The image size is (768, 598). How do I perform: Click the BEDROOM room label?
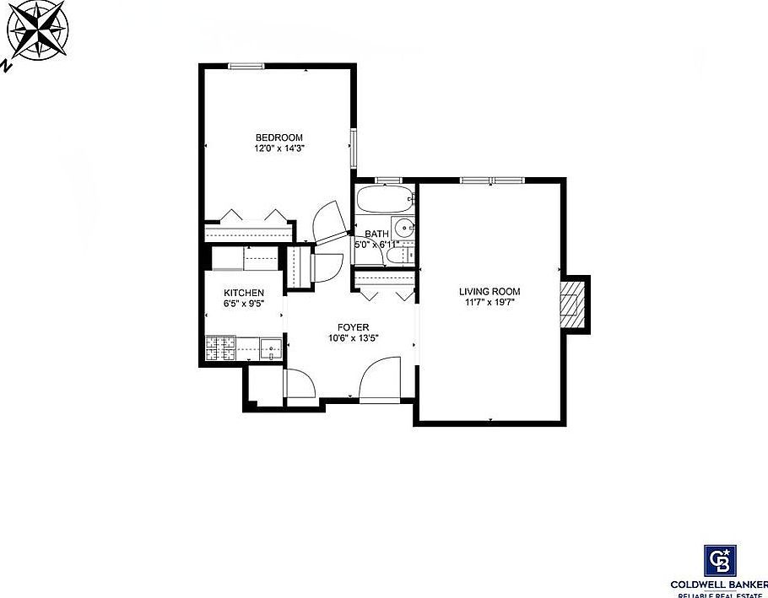click(279, 137)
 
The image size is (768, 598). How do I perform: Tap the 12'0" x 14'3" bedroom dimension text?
click(279, 148)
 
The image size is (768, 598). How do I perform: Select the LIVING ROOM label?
click(489, 291)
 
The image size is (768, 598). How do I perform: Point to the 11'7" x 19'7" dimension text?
click(489, 302)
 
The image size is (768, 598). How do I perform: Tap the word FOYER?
click(353, 327)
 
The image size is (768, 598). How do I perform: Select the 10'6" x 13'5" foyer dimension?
click(353, 338)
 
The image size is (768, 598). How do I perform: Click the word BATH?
click(376, 234)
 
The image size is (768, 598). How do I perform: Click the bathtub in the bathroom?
click(384, 201)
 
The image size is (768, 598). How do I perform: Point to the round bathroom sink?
click(406, 227)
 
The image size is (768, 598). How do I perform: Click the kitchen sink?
click(269, 347)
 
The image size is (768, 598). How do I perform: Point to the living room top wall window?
click(492, 180)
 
